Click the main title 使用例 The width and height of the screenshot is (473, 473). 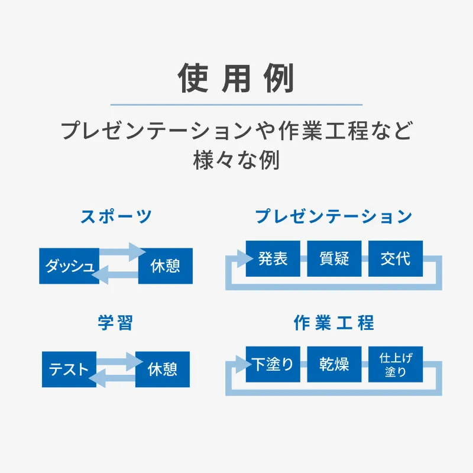(x=236, y=78)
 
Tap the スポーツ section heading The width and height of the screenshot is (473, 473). (x=116, y=216)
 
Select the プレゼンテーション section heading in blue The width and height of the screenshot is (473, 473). (x=334, y=216)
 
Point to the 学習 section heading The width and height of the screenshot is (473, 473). (x=115, y=322)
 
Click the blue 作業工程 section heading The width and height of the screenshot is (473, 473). (x=334, y=322)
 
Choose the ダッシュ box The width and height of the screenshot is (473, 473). (x=69, y=265)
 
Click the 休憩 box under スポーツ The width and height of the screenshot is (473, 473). (x=166, y=265)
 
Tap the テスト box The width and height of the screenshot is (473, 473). (x=69, y=369)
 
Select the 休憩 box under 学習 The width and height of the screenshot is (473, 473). (x=162, y=369)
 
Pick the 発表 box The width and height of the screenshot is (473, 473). (x=273, y=258)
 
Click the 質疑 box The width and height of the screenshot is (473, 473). (x=334, y=258)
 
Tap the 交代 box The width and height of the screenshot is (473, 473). (x=396, y=258)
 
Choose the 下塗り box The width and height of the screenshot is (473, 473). (x=273, y=364)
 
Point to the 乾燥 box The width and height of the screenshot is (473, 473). (x=334, y=364)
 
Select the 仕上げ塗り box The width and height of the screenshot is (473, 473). (x=396, y=364)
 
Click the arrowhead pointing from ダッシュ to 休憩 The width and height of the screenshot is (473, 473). (x=137, y=252)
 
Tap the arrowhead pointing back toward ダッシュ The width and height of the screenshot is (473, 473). (x=101, y=274)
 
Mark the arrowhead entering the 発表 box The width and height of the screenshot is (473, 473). (x=245, y=258)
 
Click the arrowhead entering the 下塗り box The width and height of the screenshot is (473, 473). (x=244, y=364)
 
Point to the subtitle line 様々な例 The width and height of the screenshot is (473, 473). (x=236, y=160)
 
